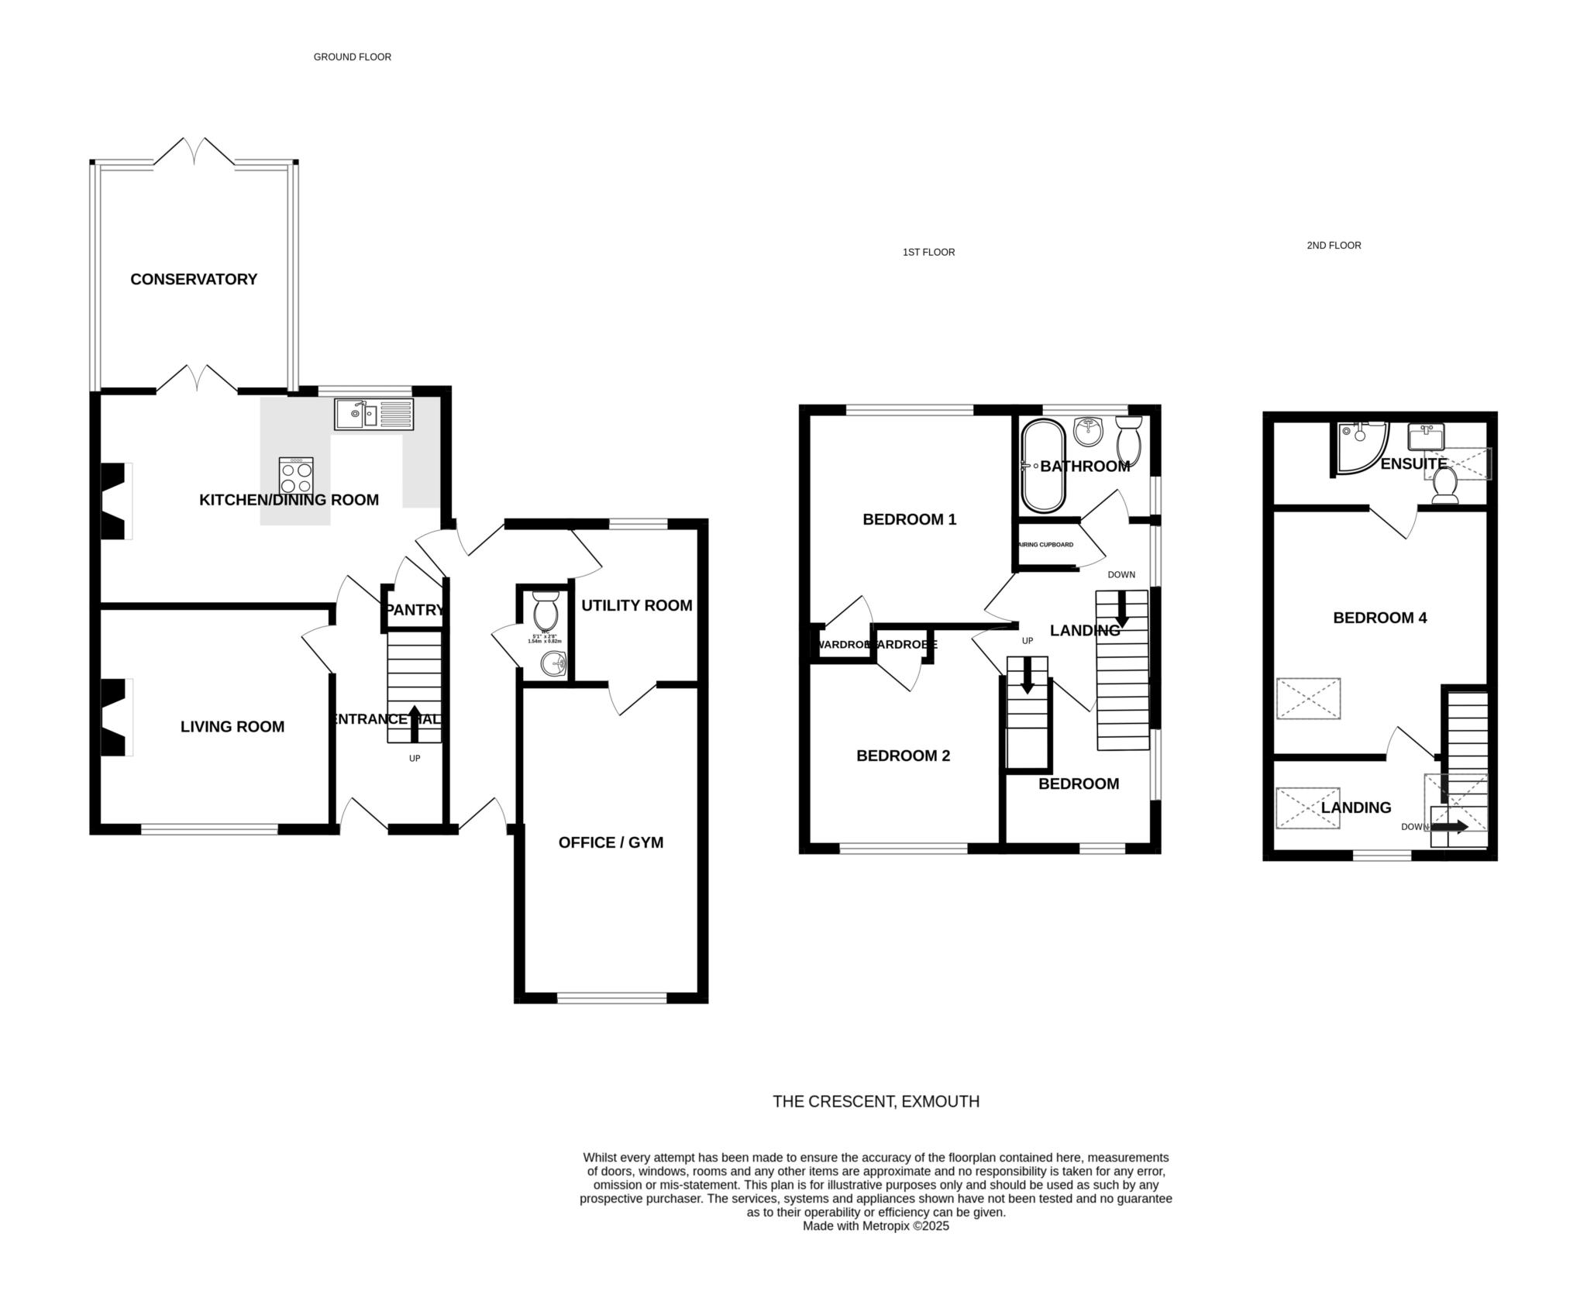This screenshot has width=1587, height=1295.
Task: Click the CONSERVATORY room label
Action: tap(193, 279)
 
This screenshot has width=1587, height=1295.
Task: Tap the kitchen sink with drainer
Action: tap(374, 414)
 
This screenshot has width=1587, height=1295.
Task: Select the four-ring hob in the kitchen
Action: tap(296, 476)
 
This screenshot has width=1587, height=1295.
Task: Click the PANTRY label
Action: tap(415, 610)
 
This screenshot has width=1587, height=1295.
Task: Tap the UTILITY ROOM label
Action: tap(636, 605)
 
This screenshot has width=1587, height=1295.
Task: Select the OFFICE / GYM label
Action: tap(611, 842)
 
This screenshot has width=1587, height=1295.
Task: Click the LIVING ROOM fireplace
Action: tap(115, 717)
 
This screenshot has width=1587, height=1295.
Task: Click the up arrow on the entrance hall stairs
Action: tap(415, 723)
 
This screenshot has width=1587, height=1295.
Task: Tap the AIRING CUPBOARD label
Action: tap(1045, 545)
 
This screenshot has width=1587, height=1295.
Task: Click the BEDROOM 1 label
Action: tap(909, 519)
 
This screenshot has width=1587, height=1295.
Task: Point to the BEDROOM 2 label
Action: tap(903, 756)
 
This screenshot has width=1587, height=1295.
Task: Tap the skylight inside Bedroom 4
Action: tap(1308, 699)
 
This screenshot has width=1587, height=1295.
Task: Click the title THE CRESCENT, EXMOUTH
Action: tap(876, 1101)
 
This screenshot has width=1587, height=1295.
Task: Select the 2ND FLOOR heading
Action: tap(1334, 246)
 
